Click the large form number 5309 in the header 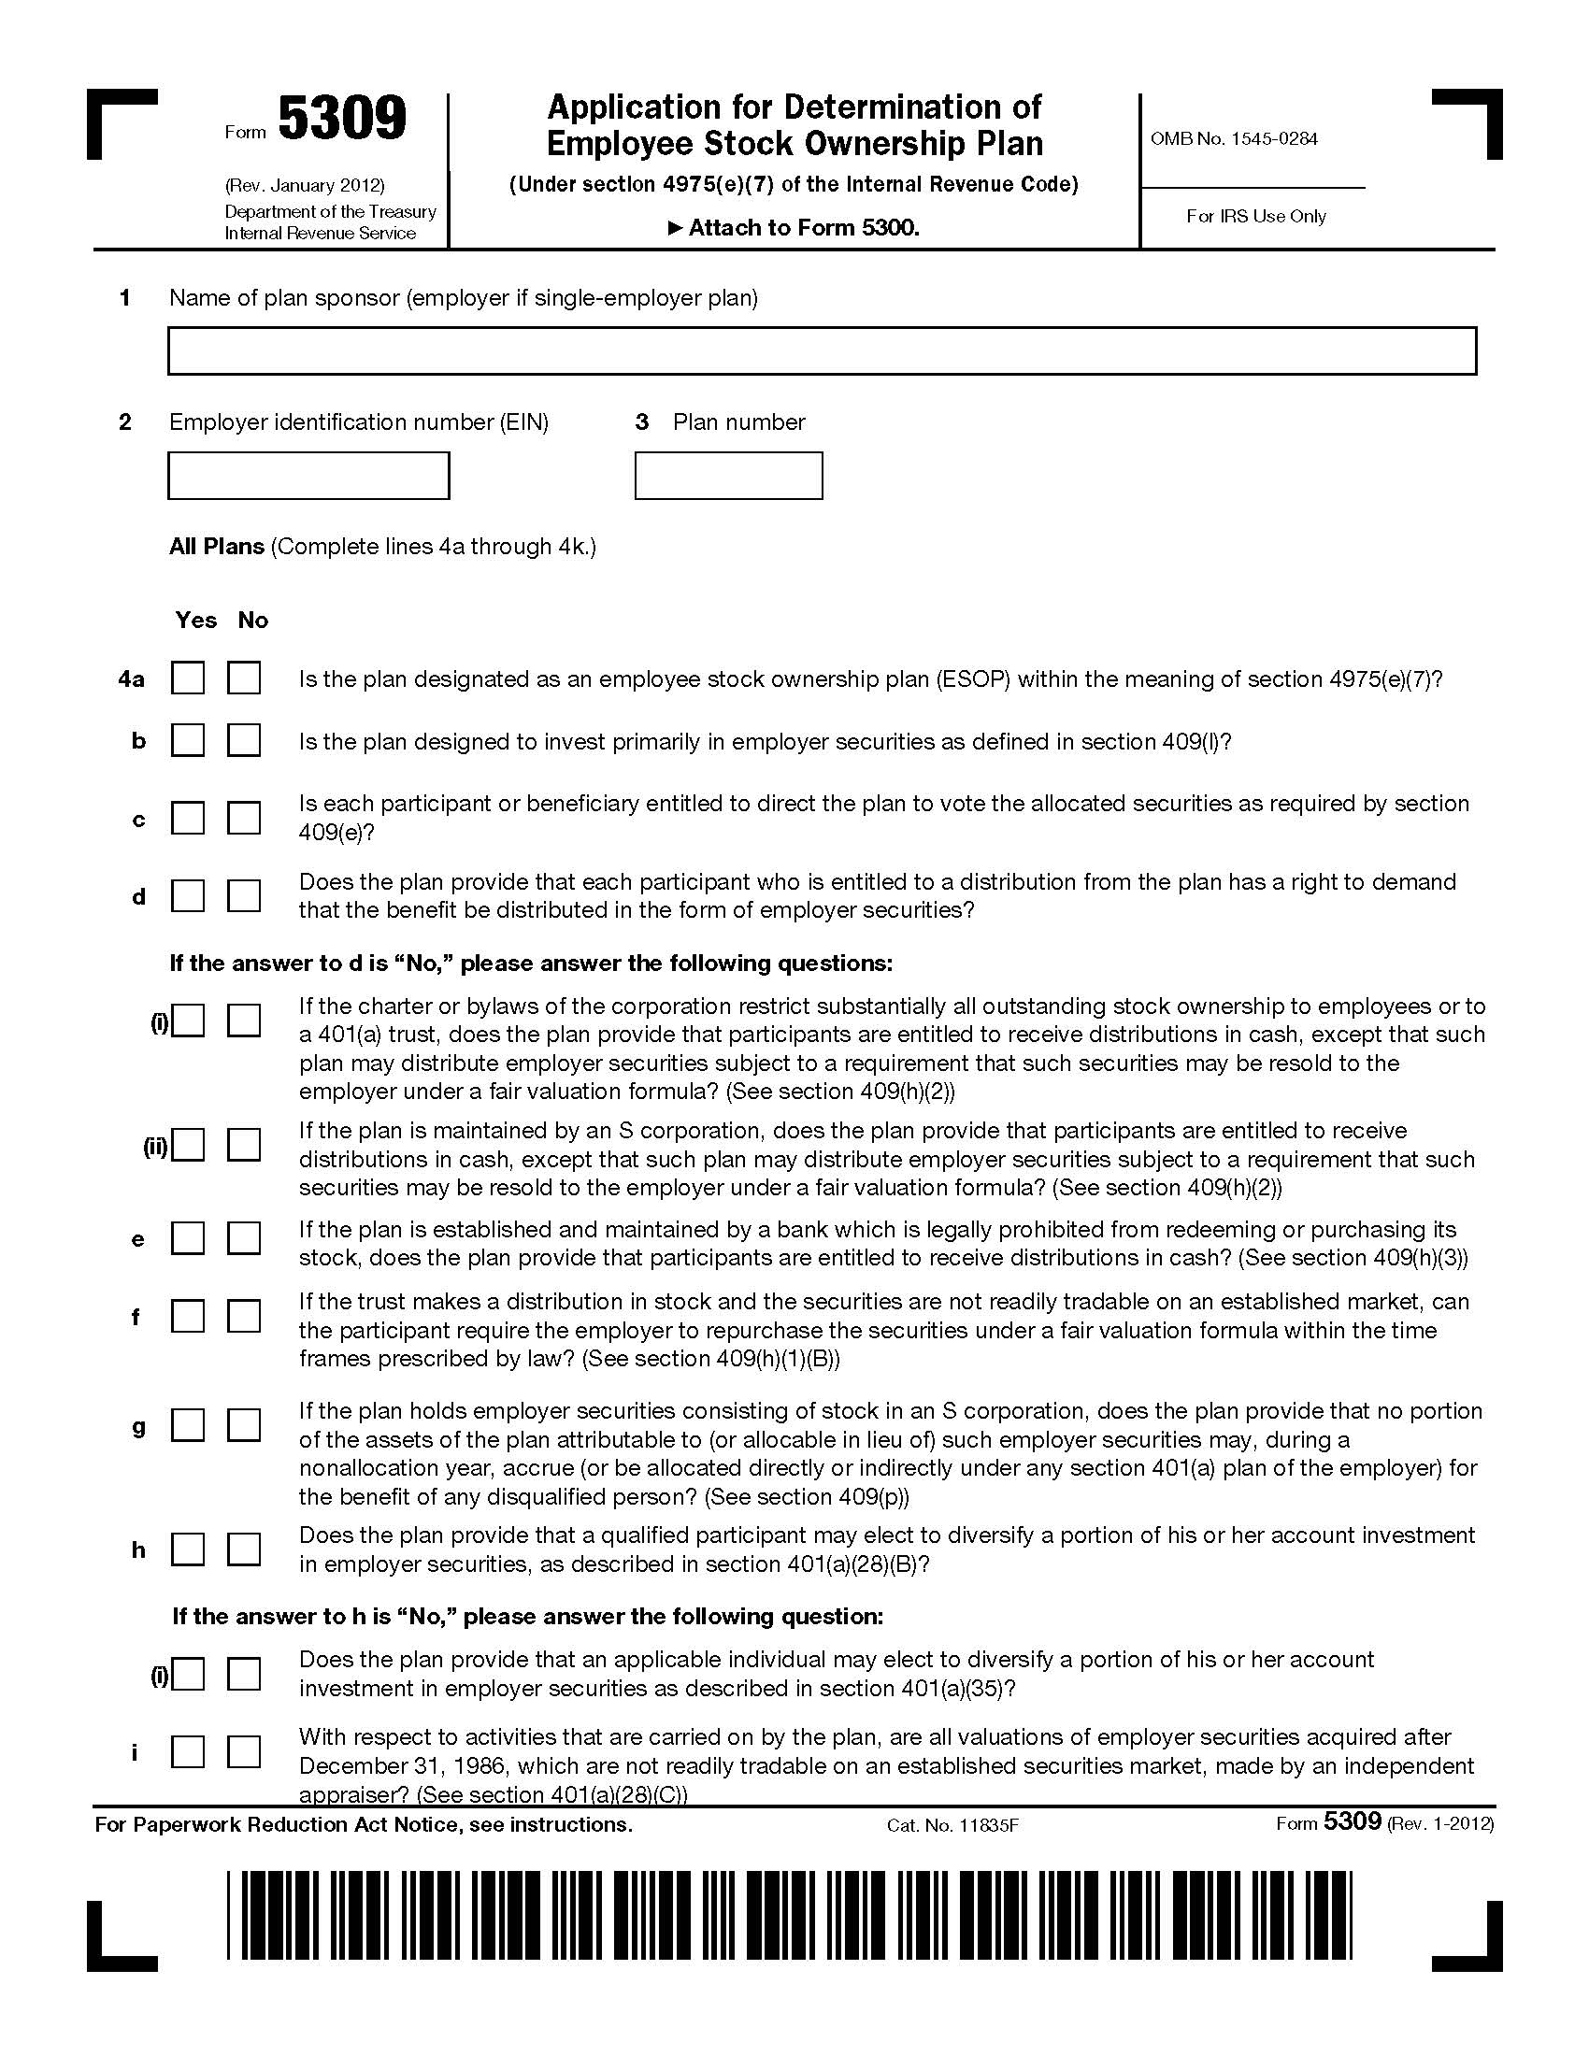[343, 121]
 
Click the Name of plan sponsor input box [821, 351]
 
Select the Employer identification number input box [308, 476]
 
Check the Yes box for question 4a [188, 678]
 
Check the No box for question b [244, 741]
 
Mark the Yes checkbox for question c [188, 817]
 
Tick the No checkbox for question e [244, 1238]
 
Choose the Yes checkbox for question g [188, 1424]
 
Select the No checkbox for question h [244, 1549]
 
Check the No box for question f [244, 1316]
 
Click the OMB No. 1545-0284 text [1233, 139]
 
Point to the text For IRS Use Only [1255, 217]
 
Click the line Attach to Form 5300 [794, 228]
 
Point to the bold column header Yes [195, 621]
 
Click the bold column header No [253, 621]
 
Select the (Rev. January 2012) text [304, 185]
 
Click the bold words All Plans [217, 547]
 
